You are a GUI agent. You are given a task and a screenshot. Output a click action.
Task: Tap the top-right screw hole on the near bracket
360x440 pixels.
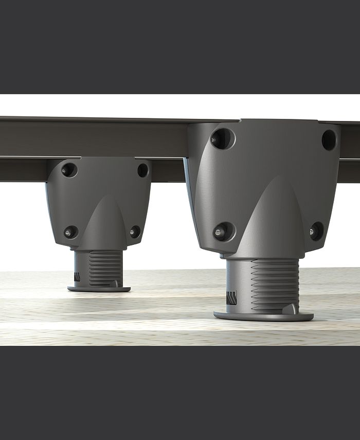click(x=329, y=139)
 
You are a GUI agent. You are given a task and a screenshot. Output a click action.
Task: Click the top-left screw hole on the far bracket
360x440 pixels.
click(x=69, y=169)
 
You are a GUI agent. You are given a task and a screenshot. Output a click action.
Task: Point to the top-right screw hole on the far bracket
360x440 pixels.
click(x=142, y=170)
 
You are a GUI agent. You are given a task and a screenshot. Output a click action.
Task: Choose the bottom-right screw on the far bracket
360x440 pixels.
click(x=135, y=232)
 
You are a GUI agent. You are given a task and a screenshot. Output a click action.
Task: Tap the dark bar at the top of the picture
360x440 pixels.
click(x=180, y=46)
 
